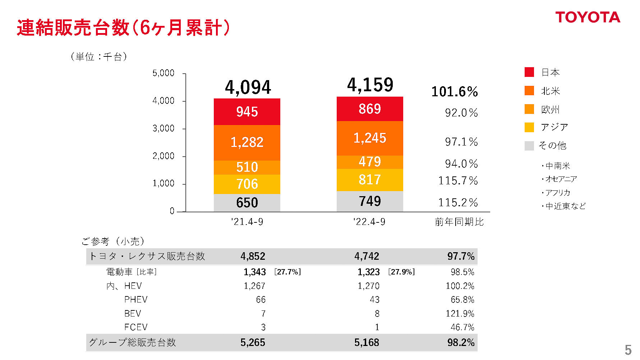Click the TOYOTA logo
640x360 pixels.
click(588, 17)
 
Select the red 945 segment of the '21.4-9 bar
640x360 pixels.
click(247, 112)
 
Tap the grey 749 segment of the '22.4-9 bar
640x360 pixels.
click(369, 201)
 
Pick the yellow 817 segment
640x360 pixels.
click(369, 180)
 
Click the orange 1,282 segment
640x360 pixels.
click(247, 142)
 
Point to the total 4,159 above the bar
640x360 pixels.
click(370, 85)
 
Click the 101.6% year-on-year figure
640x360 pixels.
click(454, 92)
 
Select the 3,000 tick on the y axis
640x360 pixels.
click(164, 128)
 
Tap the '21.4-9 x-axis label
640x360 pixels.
click(247, 222)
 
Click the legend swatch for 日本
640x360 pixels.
click(529, 72)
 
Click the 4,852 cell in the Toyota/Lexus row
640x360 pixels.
click(253, 256)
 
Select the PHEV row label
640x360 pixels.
click(136, 300)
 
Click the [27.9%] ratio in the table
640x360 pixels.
click(401, 272)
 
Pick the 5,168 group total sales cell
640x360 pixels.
click(367, 342)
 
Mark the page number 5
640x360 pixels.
click(628, 350)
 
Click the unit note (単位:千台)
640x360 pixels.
click(99, 57)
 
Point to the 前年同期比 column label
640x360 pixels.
click(459, 222)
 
